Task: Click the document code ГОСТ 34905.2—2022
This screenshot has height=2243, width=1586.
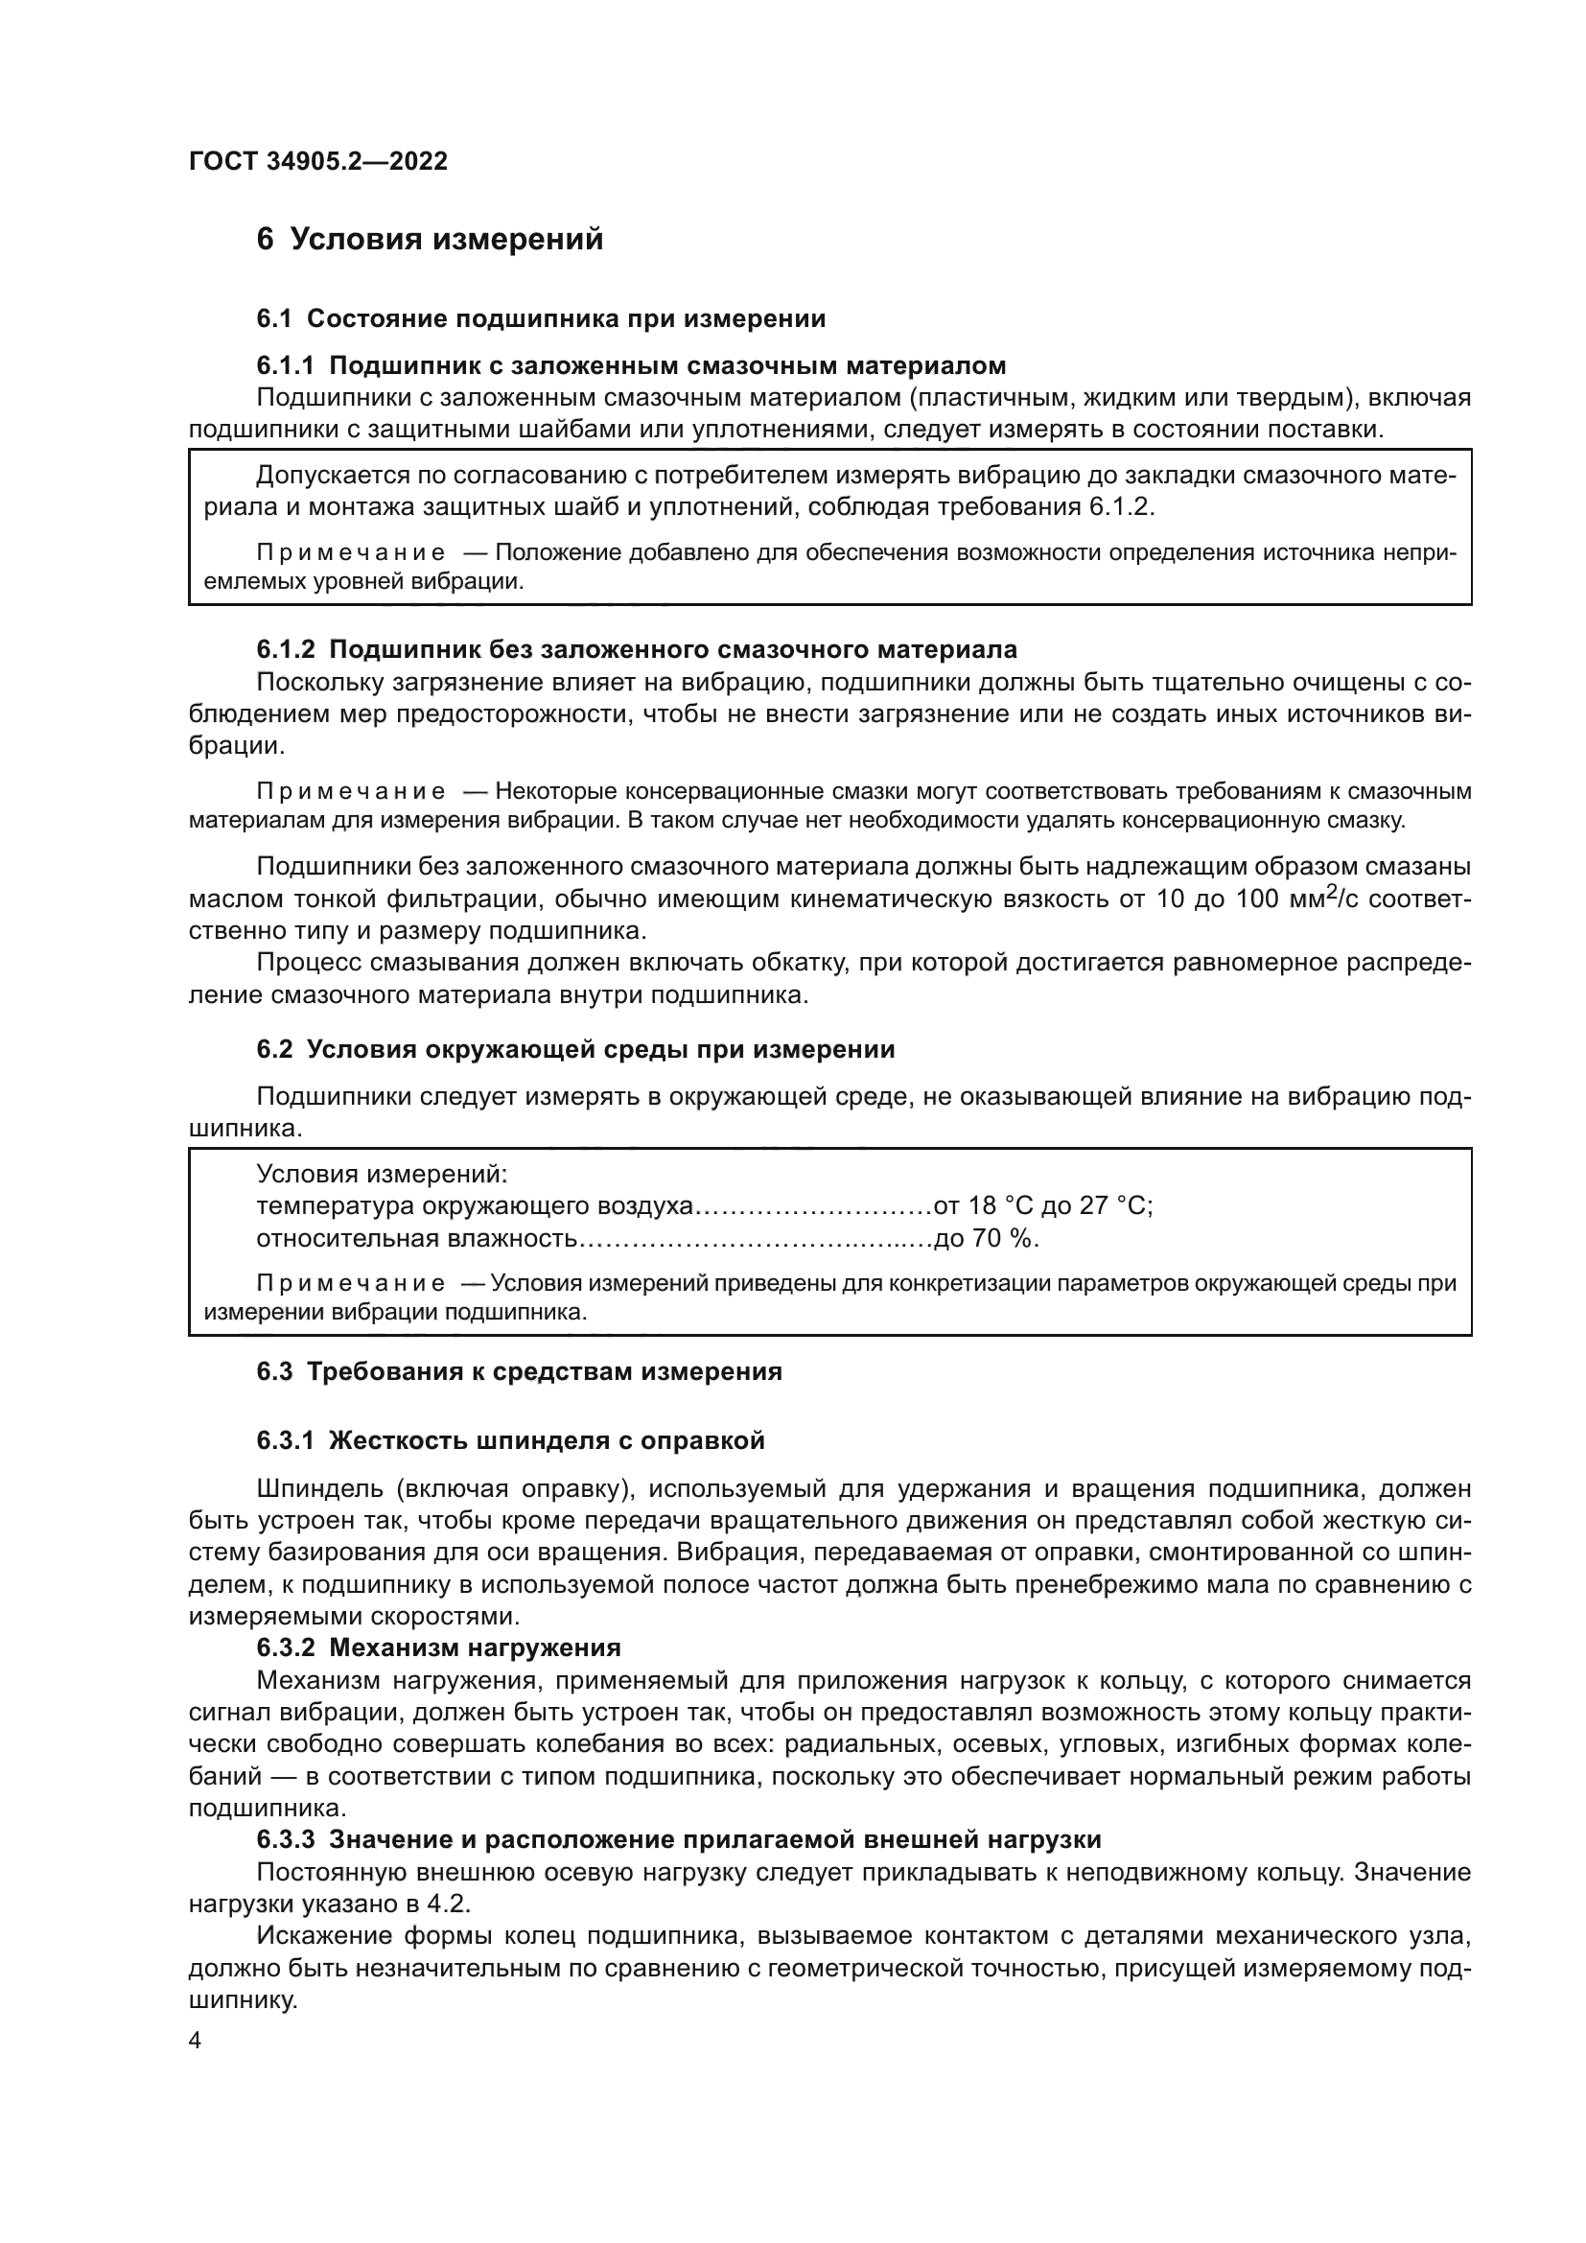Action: (317, 161)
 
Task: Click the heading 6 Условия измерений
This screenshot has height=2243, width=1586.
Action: (430, 240)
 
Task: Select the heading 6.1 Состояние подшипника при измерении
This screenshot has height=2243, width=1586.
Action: (541, 318)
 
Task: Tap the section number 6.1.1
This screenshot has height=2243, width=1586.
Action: (285, 365)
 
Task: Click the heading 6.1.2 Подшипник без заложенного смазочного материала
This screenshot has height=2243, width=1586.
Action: (637, 648)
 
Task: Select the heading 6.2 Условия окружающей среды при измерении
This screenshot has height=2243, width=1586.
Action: (575, 1049)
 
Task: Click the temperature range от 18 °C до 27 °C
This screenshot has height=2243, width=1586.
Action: (1043, 1205)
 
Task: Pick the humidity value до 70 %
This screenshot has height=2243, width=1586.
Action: (987, 1239)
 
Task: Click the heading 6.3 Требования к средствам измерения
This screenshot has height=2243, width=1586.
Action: (520, 1371)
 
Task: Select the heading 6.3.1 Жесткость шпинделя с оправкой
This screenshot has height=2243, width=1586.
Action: (511, 1440)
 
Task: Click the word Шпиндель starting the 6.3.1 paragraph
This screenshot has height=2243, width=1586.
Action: (316, 1489)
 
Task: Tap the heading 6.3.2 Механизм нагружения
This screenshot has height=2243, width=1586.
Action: (438, 1647)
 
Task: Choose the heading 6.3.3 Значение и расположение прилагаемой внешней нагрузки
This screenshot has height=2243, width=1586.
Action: (679, 1839)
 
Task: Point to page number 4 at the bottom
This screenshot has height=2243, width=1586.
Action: (195, 2041)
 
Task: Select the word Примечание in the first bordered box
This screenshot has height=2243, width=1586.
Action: (351, 553)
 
